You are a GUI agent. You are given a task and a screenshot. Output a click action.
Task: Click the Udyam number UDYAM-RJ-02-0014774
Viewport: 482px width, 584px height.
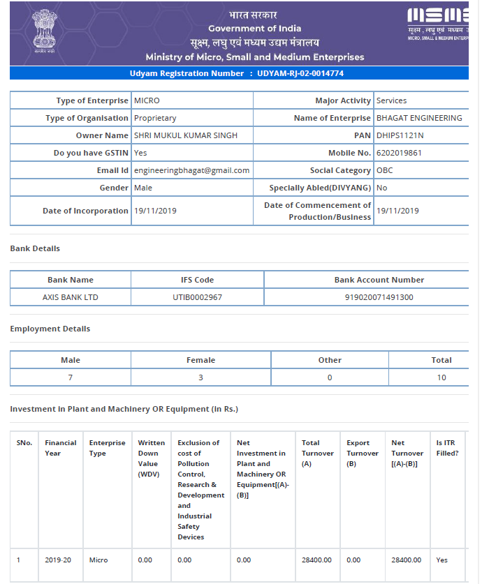(300, 73)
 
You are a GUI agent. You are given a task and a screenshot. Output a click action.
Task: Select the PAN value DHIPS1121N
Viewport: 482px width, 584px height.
(400, 135)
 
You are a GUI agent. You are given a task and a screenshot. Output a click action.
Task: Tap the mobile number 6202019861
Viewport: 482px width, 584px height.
(399, 153)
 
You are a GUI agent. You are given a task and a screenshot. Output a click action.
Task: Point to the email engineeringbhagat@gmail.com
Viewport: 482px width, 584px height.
(191, 170)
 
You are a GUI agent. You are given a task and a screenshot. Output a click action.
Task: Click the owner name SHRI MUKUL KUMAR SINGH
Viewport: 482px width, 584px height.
(185, 135)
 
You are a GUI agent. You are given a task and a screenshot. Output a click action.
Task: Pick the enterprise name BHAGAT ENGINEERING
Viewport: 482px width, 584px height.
(419, 118)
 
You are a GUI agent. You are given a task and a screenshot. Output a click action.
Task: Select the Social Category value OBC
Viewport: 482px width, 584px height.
(384, 170)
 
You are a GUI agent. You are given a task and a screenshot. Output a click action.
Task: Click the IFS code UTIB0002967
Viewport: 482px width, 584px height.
(197, 297)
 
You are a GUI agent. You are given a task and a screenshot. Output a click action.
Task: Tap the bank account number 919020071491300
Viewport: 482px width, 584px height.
(379, 297)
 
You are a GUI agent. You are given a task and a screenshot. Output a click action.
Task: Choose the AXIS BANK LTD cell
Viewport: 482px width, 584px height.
(71, 297)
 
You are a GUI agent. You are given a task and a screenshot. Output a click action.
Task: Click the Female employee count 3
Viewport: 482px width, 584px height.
(200, 377)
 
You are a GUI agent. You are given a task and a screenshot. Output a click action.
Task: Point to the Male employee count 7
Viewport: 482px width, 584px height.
(71, 377)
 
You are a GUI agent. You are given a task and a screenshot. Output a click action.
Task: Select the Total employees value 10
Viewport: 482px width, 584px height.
(441, 377)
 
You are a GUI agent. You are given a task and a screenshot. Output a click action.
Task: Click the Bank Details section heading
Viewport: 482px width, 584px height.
(35, 248)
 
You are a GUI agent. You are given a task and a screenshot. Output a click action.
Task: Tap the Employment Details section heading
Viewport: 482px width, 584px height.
(50, 329)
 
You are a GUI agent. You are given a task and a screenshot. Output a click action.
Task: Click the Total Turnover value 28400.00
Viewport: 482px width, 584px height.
(316, 560)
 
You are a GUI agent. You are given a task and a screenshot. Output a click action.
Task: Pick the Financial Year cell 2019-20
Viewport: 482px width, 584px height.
(57, 560)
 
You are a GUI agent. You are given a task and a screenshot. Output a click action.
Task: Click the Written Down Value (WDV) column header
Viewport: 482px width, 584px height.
(151, 458)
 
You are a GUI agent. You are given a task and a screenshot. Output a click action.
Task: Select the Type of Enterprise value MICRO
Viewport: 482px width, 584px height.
(147, 100)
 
